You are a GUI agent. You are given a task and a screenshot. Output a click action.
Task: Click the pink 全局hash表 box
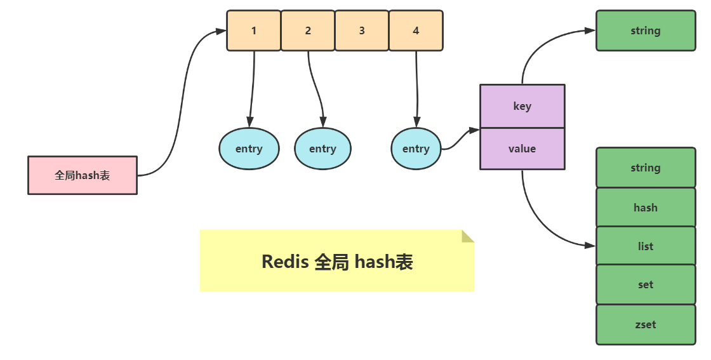(83, 175)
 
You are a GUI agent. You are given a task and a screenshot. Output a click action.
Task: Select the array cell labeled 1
(254, 30)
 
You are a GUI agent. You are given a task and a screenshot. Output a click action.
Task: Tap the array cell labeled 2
(308, 30)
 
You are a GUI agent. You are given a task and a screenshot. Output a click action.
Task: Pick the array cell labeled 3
(362, 30)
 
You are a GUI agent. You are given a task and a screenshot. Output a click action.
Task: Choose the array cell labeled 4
(416, 30)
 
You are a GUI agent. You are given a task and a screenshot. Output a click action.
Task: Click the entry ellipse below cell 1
(249, 149)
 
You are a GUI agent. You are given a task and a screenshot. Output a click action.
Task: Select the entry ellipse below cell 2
(322, 149)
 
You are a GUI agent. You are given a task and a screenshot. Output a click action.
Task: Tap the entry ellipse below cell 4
(416, 149)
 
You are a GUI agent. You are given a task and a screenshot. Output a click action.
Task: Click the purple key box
(522, 106)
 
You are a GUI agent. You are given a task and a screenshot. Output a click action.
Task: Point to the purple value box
(522, 149)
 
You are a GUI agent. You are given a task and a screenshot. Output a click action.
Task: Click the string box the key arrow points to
(646, 30)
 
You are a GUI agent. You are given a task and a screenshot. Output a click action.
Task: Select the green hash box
(646, 208)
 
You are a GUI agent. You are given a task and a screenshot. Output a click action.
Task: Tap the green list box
(646, 246)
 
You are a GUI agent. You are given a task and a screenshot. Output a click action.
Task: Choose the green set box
(646, 285)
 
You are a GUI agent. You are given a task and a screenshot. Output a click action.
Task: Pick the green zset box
(646, 324)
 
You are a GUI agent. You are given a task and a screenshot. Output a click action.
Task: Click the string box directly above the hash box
(646, 168)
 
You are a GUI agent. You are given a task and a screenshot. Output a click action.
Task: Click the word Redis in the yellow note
(285, 262)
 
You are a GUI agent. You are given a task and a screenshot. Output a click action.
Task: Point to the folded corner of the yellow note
(468, 236)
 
